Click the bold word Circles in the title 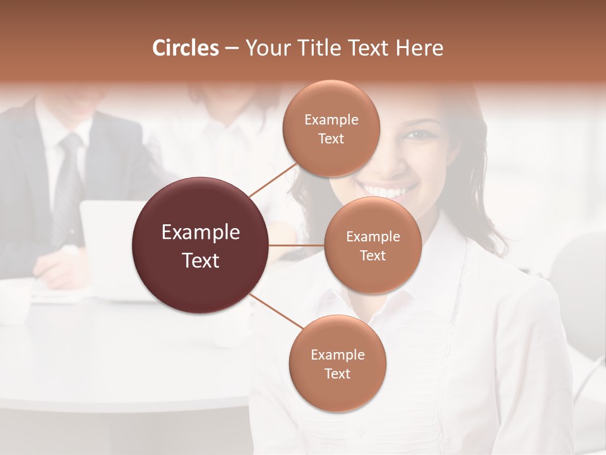coord(185,48)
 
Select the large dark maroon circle coord(201,245)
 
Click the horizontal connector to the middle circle coord(297,245)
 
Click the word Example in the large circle coord(201,233)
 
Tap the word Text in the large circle coord(201,260)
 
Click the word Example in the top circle coord(331,119)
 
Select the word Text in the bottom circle coord(337,373)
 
